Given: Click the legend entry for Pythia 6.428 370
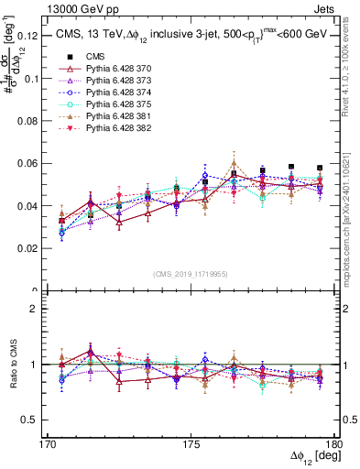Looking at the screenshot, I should (x=113, y=82).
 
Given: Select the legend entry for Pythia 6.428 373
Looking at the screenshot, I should (x=113, y=93).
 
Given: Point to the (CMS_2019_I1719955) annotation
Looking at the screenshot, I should (x=191, y=273).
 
